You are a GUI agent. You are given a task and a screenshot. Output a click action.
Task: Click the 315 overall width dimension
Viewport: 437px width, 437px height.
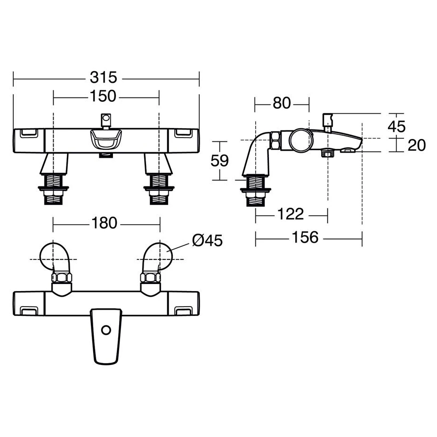tap(104, 78)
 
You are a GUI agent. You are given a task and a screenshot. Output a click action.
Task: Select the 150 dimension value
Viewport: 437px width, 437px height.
tap(103, 96)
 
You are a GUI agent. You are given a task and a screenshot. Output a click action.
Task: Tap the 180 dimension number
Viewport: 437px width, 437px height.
tap(104, 223)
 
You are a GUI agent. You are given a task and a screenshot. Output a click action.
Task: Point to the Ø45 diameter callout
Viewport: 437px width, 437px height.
tap(207, 240)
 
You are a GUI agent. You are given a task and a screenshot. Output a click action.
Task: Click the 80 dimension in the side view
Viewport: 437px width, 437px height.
tap(282, 103)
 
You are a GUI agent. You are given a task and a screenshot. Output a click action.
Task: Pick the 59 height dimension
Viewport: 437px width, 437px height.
tap(219, 161)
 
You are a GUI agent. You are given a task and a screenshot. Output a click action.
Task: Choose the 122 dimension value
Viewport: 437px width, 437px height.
tap(291, 214)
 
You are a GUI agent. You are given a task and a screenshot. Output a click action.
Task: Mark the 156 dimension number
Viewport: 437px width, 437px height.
tap(305, 237)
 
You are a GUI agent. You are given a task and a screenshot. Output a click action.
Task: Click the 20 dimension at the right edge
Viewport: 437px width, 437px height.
tap(417, 145)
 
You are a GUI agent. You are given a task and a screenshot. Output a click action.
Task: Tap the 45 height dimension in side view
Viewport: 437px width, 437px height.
tap(397, 127)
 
